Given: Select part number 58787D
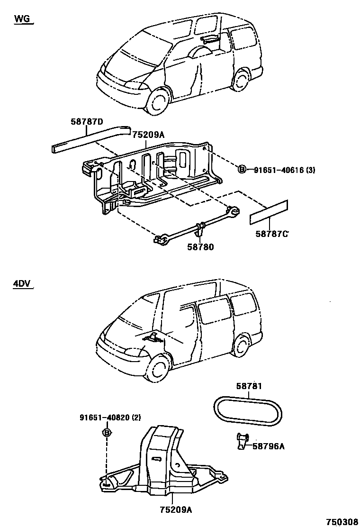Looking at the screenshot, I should [87, 122].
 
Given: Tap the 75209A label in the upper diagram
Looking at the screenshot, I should [148, 135].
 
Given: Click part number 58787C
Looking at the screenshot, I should [273, 234].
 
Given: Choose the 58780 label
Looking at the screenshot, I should [201, 247].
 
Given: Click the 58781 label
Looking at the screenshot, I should [249, 386].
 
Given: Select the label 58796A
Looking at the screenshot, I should [269, 445].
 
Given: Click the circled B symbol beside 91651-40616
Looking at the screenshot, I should [242, 169].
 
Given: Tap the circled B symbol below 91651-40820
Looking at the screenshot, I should [107, 433].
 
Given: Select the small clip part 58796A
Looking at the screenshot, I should [242, 441].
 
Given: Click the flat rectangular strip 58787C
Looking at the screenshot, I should [269, 212].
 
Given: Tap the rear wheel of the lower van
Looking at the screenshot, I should [243, 345].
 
